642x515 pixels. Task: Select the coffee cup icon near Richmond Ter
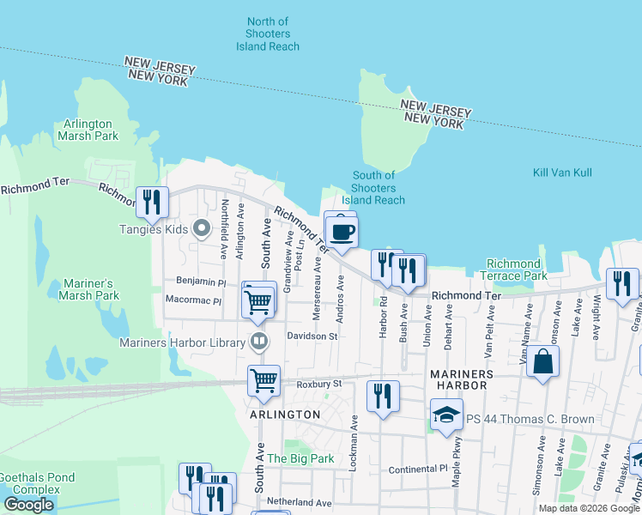[x=342, y=233]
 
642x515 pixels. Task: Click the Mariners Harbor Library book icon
[x=257, y=342]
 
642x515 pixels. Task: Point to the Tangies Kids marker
[x=202, y=229]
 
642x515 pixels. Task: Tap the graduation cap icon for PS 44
[x=446, y=418]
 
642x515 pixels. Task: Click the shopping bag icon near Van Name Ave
[x=543, y=361]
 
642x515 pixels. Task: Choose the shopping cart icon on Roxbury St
[x=263, y=380]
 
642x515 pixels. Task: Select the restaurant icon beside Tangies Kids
[x=153, y=203]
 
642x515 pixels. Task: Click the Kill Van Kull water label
[x=562, y=173]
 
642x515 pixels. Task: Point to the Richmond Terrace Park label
[x=514, y=270]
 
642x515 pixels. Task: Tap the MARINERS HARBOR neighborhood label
[x=461, y=379]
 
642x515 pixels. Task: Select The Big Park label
[x=300, y=458]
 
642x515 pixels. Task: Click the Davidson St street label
[x=312, y=336]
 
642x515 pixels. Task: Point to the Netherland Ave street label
[x=300, y=502]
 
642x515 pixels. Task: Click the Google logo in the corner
[x=29, y=505]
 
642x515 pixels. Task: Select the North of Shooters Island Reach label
[x=268, y=33]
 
